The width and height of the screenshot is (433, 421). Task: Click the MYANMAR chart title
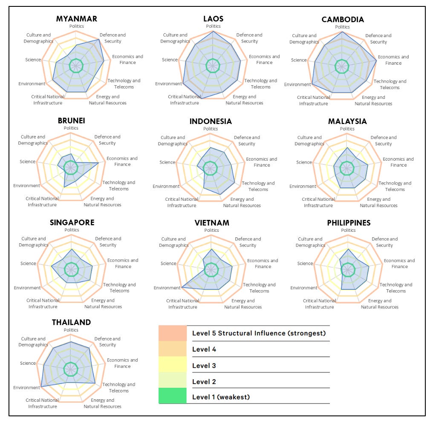(x=77, y=19)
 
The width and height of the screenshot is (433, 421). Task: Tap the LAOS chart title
(x=214, y=19)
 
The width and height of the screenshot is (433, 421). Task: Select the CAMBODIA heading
(x=343, y=20)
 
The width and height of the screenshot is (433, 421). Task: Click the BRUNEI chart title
(x=71, y=121)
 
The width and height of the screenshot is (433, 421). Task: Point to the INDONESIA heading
(x=211, y=121)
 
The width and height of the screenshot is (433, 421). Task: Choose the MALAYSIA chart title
(x=347, y=121)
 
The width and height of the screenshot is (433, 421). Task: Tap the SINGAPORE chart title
(x=72, y=222)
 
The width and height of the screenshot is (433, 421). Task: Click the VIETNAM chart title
(x=212, y=223)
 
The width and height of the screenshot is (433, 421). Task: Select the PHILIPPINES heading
(x=349, y=223)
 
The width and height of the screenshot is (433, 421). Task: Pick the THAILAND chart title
(x=71, y=322)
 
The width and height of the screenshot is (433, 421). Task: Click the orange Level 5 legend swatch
(x=173, y=333)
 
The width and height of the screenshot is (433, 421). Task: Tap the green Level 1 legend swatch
(x=173, y=396)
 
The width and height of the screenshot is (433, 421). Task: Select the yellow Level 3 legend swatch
(x=173, y=365)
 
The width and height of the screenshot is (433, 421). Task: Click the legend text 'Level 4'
(x=204, y=349)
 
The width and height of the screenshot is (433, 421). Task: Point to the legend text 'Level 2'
(x=204, y=381)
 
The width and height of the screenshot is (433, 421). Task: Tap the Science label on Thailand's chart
(x=28, y=363)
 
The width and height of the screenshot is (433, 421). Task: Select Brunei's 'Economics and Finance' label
(x=122, y=161)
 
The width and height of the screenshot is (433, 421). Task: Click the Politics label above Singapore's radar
(x=72, y=230)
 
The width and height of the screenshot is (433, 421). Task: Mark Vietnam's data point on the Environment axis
(x=182, y=288)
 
